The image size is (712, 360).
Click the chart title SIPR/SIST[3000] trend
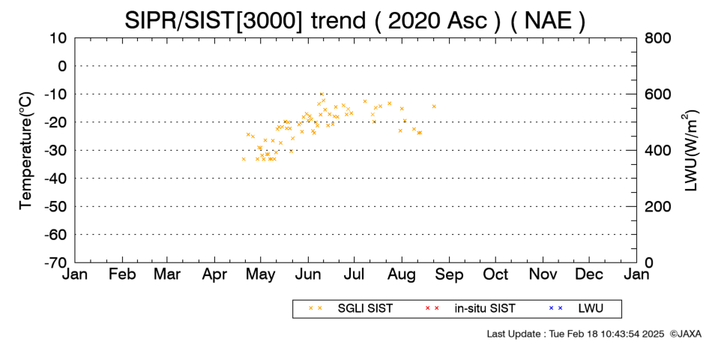[x=245, y=20]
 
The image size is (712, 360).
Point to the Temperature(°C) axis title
[x=26, y=151]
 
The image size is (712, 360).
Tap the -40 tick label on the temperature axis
[x=55, y=178]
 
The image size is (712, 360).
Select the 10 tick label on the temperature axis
[x=58, y=38]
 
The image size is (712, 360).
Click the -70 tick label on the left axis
[x=55, y=262]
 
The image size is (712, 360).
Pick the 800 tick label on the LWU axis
[x=657, y=38]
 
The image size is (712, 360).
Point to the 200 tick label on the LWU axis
[x=657, y=207]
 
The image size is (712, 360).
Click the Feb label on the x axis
[x=122, y=274]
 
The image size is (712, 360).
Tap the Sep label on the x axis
[x=449, y=274]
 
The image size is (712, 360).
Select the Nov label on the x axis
[x=543, y=274]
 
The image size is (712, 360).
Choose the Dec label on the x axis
[x=589, y=274]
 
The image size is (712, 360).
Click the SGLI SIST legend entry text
[x=365, y=309]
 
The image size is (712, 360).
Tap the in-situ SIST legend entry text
[x=485, y=309]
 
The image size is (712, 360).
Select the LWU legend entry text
[x=591, y=309]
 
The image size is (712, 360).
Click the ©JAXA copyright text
[x=685, y=334]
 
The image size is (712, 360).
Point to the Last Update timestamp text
[x=576, y=334]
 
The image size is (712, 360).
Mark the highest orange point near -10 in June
[x=322, y=94]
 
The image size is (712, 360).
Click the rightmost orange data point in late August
[x=434, y=106]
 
